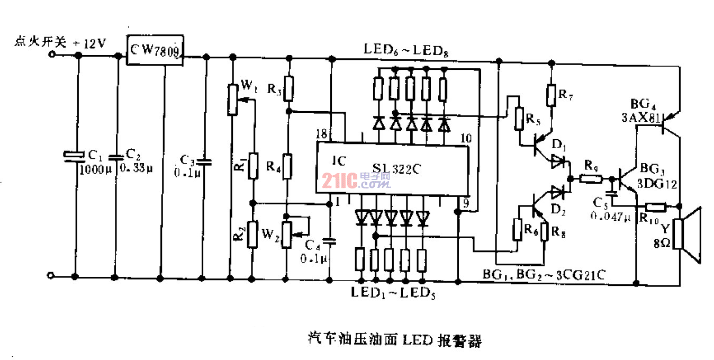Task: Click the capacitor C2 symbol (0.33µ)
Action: [115, 157]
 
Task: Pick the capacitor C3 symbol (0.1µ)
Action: [206, 160]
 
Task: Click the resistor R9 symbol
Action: [589, 179]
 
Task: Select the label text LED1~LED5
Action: [394, 292]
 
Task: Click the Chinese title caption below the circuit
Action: [394, 339]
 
